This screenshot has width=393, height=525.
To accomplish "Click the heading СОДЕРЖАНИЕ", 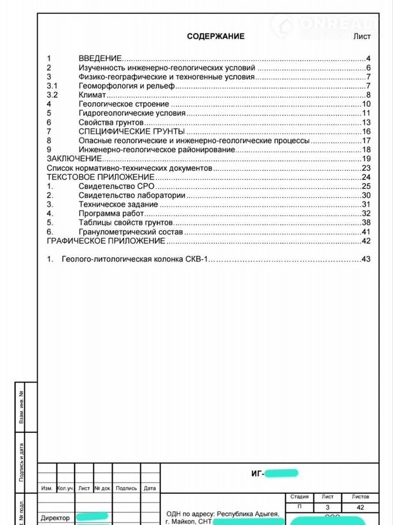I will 215,36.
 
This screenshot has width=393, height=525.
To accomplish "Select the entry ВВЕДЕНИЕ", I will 100,59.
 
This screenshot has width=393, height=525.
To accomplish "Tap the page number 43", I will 365,259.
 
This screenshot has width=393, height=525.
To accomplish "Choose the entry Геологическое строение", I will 123,104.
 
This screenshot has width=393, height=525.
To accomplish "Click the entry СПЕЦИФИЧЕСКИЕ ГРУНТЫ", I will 128,132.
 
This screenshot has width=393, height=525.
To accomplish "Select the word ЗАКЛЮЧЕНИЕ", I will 74,159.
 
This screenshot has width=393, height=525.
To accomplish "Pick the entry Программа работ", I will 111,213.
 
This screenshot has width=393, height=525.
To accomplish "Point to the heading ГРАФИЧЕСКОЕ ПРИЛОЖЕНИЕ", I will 106,241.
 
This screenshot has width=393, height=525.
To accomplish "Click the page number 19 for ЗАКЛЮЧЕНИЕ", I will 365,159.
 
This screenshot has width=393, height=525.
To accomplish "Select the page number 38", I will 365,223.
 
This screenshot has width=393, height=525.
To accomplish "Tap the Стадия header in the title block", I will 299,497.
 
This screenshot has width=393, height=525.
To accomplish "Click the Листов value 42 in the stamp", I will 361,508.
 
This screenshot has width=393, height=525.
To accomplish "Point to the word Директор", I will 55,518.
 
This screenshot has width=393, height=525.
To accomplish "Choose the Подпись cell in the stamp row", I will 126,488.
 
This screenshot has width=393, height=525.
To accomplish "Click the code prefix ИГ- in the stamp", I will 257,474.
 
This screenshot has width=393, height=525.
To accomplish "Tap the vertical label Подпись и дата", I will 21,462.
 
